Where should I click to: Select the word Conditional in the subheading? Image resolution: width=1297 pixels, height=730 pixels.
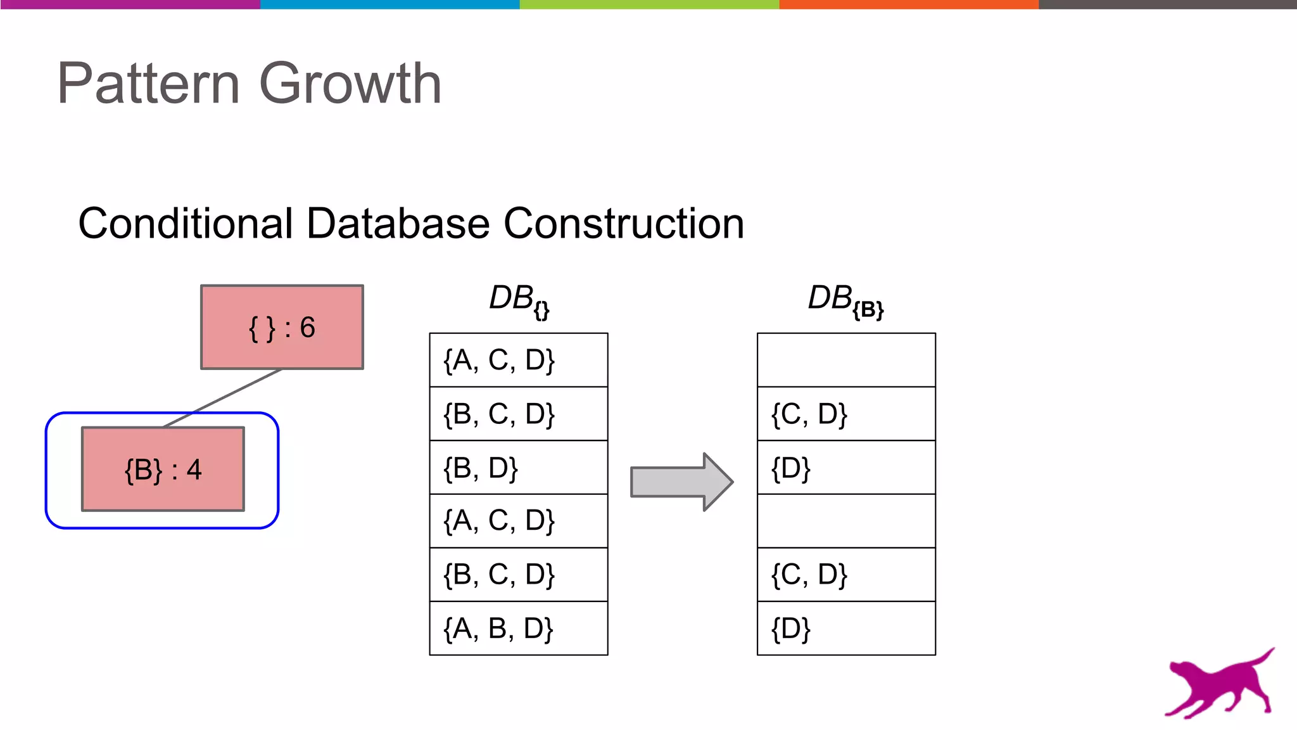click(x=186, y=224)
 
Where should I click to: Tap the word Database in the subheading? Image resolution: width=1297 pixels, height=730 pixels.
click(x=398, y=224)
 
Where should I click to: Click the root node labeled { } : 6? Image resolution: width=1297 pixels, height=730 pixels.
click(x=282, y=327)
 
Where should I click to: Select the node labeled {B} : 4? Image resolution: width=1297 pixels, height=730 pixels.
click(x=163, y=470)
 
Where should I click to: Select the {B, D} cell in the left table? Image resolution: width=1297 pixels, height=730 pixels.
click(x=519, y=468)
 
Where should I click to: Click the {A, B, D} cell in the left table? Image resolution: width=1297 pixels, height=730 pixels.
click(x=519, y=629)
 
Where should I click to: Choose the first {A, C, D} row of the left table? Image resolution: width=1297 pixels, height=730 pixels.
click(x=519, y=360)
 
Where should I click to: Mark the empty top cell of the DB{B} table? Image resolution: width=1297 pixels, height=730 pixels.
click(x=846, y=360)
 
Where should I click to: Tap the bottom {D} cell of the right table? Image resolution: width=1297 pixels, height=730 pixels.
click(x=846, y=629)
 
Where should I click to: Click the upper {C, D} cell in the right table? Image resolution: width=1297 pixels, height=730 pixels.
click(x=846, y=414)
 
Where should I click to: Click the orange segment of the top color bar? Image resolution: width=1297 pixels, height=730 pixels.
click(x=909, y=4)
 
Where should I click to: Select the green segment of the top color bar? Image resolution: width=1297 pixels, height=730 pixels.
click(x=649, y=4)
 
